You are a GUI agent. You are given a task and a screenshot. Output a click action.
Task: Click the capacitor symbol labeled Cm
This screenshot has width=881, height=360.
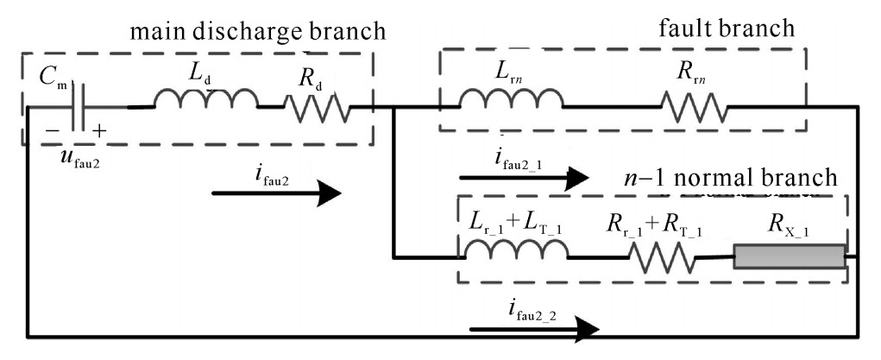tap(79, 107)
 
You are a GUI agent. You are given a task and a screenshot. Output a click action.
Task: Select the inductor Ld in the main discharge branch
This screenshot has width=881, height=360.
tap(206, 102)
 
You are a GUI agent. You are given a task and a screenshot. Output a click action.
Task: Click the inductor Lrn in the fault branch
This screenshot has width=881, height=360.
tap(511, 102)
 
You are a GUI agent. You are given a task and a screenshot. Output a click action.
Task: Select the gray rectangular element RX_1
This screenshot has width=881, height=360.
tap(789, 257)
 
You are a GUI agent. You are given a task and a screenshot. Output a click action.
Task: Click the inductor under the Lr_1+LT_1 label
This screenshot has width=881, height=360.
tap(516, 250)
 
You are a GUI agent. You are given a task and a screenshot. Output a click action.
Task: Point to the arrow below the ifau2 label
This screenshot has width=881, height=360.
tap(276, 193)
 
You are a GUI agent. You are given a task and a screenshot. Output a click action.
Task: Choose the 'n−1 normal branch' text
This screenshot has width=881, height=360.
tap(729, 178)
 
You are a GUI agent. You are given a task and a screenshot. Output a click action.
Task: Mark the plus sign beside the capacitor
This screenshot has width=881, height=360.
tap(100, 131)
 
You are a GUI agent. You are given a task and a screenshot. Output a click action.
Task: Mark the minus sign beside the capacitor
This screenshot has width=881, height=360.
tap(53, 130)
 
